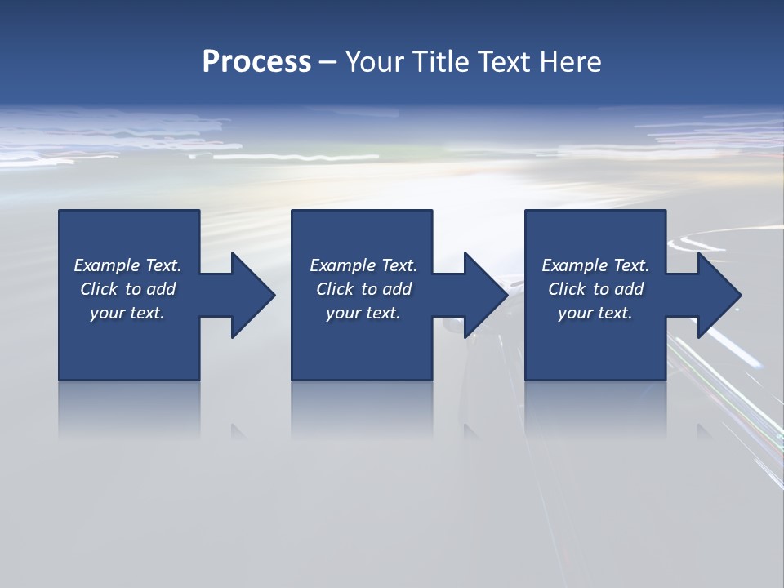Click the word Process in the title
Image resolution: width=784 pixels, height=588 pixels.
pos(256,62)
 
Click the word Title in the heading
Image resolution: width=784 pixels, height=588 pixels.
pos(440,62)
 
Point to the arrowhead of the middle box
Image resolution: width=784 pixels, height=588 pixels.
pos(485,295)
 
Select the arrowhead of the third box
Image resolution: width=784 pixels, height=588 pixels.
pos(719,295)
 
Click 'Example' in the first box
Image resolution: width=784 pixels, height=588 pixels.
pos(107,265)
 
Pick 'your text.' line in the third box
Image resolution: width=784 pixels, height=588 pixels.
pos(595,313)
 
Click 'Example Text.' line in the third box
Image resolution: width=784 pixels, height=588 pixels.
pos(595,265)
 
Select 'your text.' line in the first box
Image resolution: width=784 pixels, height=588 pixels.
pos(127,313)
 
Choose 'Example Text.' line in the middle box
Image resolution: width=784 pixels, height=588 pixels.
pos(363,265)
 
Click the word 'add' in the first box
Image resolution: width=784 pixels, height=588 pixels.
pos(161,289)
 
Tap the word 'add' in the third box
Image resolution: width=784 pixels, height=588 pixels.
pos(629,289)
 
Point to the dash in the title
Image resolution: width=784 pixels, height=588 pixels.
pos(327,62)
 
